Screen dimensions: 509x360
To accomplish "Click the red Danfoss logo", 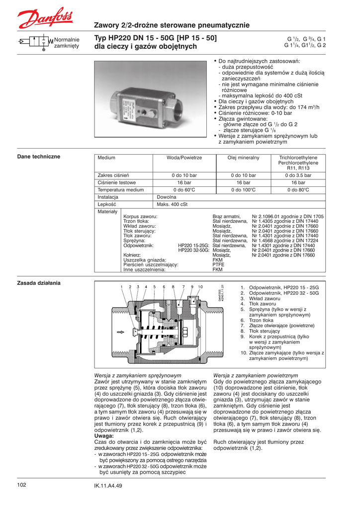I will pyautogui.click(x=45, y=18).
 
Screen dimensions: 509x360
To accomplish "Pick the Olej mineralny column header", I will pyautogui.click(x=243, y=158).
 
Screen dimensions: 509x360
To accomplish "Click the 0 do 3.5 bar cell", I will pyautogui.click(x=298, y=175).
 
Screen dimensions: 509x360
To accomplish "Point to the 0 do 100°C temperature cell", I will pyautogui.click(x=243, y=190).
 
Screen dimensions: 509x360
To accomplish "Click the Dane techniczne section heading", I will pyautogui.click(x=39, y=157).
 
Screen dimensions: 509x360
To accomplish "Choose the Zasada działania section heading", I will pyautogui.click(x=39, y=283).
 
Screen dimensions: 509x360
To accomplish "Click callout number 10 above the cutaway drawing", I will pyautogui.click(x=200, y=287).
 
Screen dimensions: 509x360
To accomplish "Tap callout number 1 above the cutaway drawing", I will pyautogui.click(x=121, y=287).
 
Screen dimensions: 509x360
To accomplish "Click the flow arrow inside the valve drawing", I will pyautogui.click(x=120, y=332).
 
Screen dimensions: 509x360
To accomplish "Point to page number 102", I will pyautogui.click(x=21, y=485).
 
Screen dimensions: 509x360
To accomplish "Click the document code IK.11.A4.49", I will pyautogui.click(x=108, y=486).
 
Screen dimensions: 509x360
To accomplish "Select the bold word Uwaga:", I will pyautogui.click(x=104, y=436).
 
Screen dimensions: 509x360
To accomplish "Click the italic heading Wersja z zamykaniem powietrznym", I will pyautogui.click(x=255, y=375).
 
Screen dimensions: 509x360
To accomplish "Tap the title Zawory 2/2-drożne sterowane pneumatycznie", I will pyautogui.click(x=172, y=25).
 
